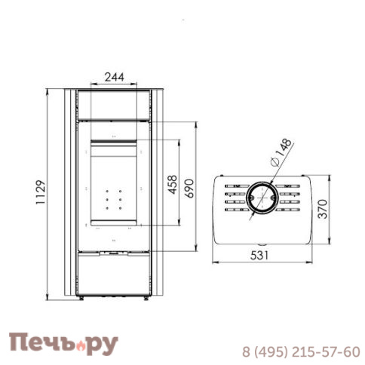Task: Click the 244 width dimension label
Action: tap(115, 77)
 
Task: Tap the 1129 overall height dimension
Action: tap(41, 192)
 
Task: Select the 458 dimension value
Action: tap(173, 185)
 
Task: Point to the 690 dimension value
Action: tap(190, 189)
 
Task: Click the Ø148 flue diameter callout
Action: tap(281, 152)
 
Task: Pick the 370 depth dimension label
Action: tap(323, 209)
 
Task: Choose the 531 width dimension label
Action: tap(259, 256)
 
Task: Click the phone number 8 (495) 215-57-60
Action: tap(301, 352)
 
